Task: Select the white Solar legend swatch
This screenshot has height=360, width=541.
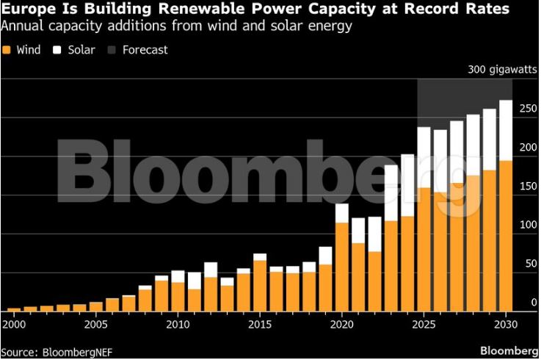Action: point(60,51)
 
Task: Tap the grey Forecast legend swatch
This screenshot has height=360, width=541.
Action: point(112,51)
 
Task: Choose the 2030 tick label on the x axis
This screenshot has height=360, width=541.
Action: point(506,324)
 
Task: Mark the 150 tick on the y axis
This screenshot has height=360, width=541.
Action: point(528,187)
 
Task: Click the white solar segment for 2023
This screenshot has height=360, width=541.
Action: point(391,192)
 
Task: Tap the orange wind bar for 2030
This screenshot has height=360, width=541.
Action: point(506,236)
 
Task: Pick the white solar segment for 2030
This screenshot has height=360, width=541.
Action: point(506,130)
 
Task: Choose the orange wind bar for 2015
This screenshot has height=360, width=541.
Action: point(260,286)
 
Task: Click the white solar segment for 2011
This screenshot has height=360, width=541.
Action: point(195,281)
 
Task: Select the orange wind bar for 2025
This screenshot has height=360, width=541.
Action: point(424,250)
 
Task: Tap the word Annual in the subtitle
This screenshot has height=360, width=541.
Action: point(22,26)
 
